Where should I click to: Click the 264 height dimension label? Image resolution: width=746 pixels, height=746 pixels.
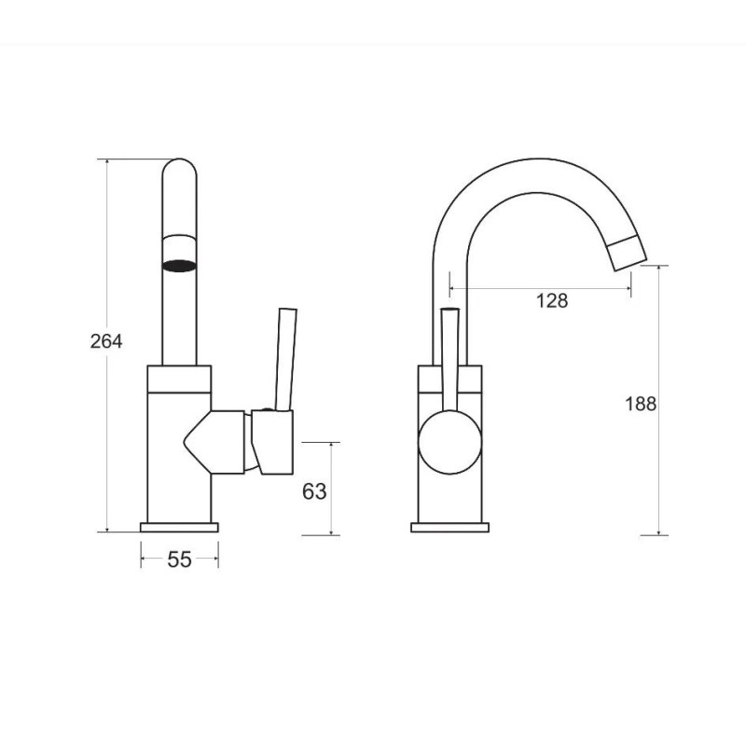(x=106, y=341)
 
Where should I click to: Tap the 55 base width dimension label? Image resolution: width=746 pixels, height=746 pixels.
(x=179, y=559)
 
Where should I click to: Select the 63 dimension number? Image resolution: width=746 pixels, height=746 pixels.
(x=314, y=491)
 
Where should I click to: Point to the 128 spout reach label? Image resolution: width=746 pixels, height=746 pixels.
(x=552, y=300)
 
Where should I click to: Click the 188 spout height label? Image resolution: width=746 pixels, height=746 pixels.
(x=641, y=404)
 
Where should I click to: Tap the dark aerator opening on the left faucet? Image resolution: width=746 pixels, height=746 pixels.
(x=179, y=266)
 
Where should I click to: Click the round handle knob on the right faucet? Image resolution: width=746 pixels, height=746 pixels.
(x=449, y=442)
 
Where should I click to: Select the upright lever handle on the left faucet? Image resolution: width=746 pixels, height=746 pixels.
(x=286, y=359)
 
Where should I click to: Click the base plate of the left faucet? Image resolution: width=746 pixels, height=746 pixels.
(x=179, y=527)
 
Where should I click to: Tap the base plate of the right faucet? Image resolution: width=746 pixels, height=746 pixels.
(x=449, y=527)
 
